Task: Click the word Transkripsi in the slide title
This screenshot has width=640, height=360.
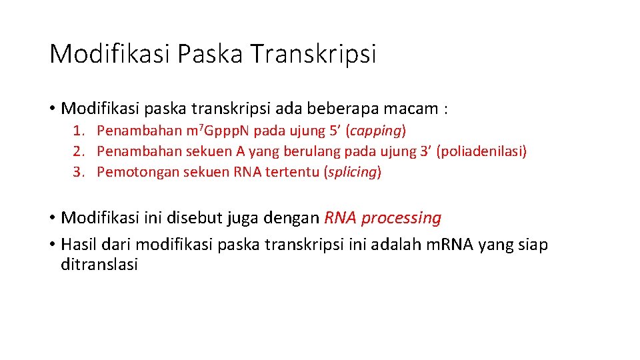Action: click(x=313, y=54)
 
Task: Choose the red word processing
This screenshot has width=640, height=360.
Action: click(x=402, y=218)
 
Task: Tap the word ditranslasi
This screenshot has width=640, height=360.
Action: click(x=99, y=265)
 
